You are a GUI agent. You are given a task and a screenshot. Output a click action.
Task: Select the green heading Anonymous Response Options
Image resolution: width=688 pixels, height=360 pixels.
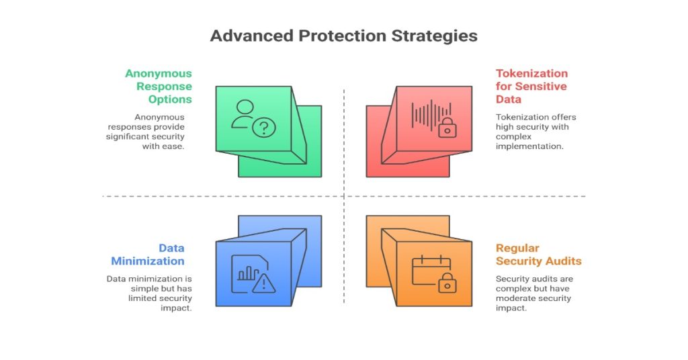[159, 86]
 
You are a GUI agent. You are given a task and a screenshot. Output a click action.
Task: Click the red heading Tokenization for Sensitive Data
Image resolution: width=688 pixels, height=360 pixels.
[531, 86]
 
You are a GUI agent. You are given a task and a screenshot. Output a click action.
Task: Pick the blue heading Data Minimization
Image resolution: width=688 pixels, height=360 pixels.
[148, 255]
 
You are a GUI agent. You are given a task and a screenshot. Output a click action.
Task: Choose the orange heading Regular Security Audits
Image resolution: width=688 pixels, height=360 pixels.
[538, 255]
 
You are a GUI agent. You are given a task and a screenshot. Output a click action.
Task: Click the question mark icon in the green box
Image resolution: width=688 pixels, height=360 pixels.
[264, 128]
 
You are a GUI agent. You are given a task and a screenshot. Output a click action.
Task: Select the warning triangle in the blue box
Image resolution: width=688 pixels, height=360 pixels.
[265, 283]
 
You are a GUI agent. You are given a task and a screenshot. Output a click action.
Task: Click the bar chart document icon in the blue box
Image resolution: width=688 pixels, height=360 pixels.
[246, 272]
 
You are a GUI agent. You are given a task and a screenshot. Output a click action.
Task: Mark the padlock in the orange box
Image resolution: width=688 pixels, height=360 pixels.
[447, 284]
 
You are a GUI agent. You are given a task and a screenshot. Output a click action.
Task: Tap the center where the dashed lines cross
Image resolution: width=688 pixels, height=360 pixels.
[344, 196]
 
